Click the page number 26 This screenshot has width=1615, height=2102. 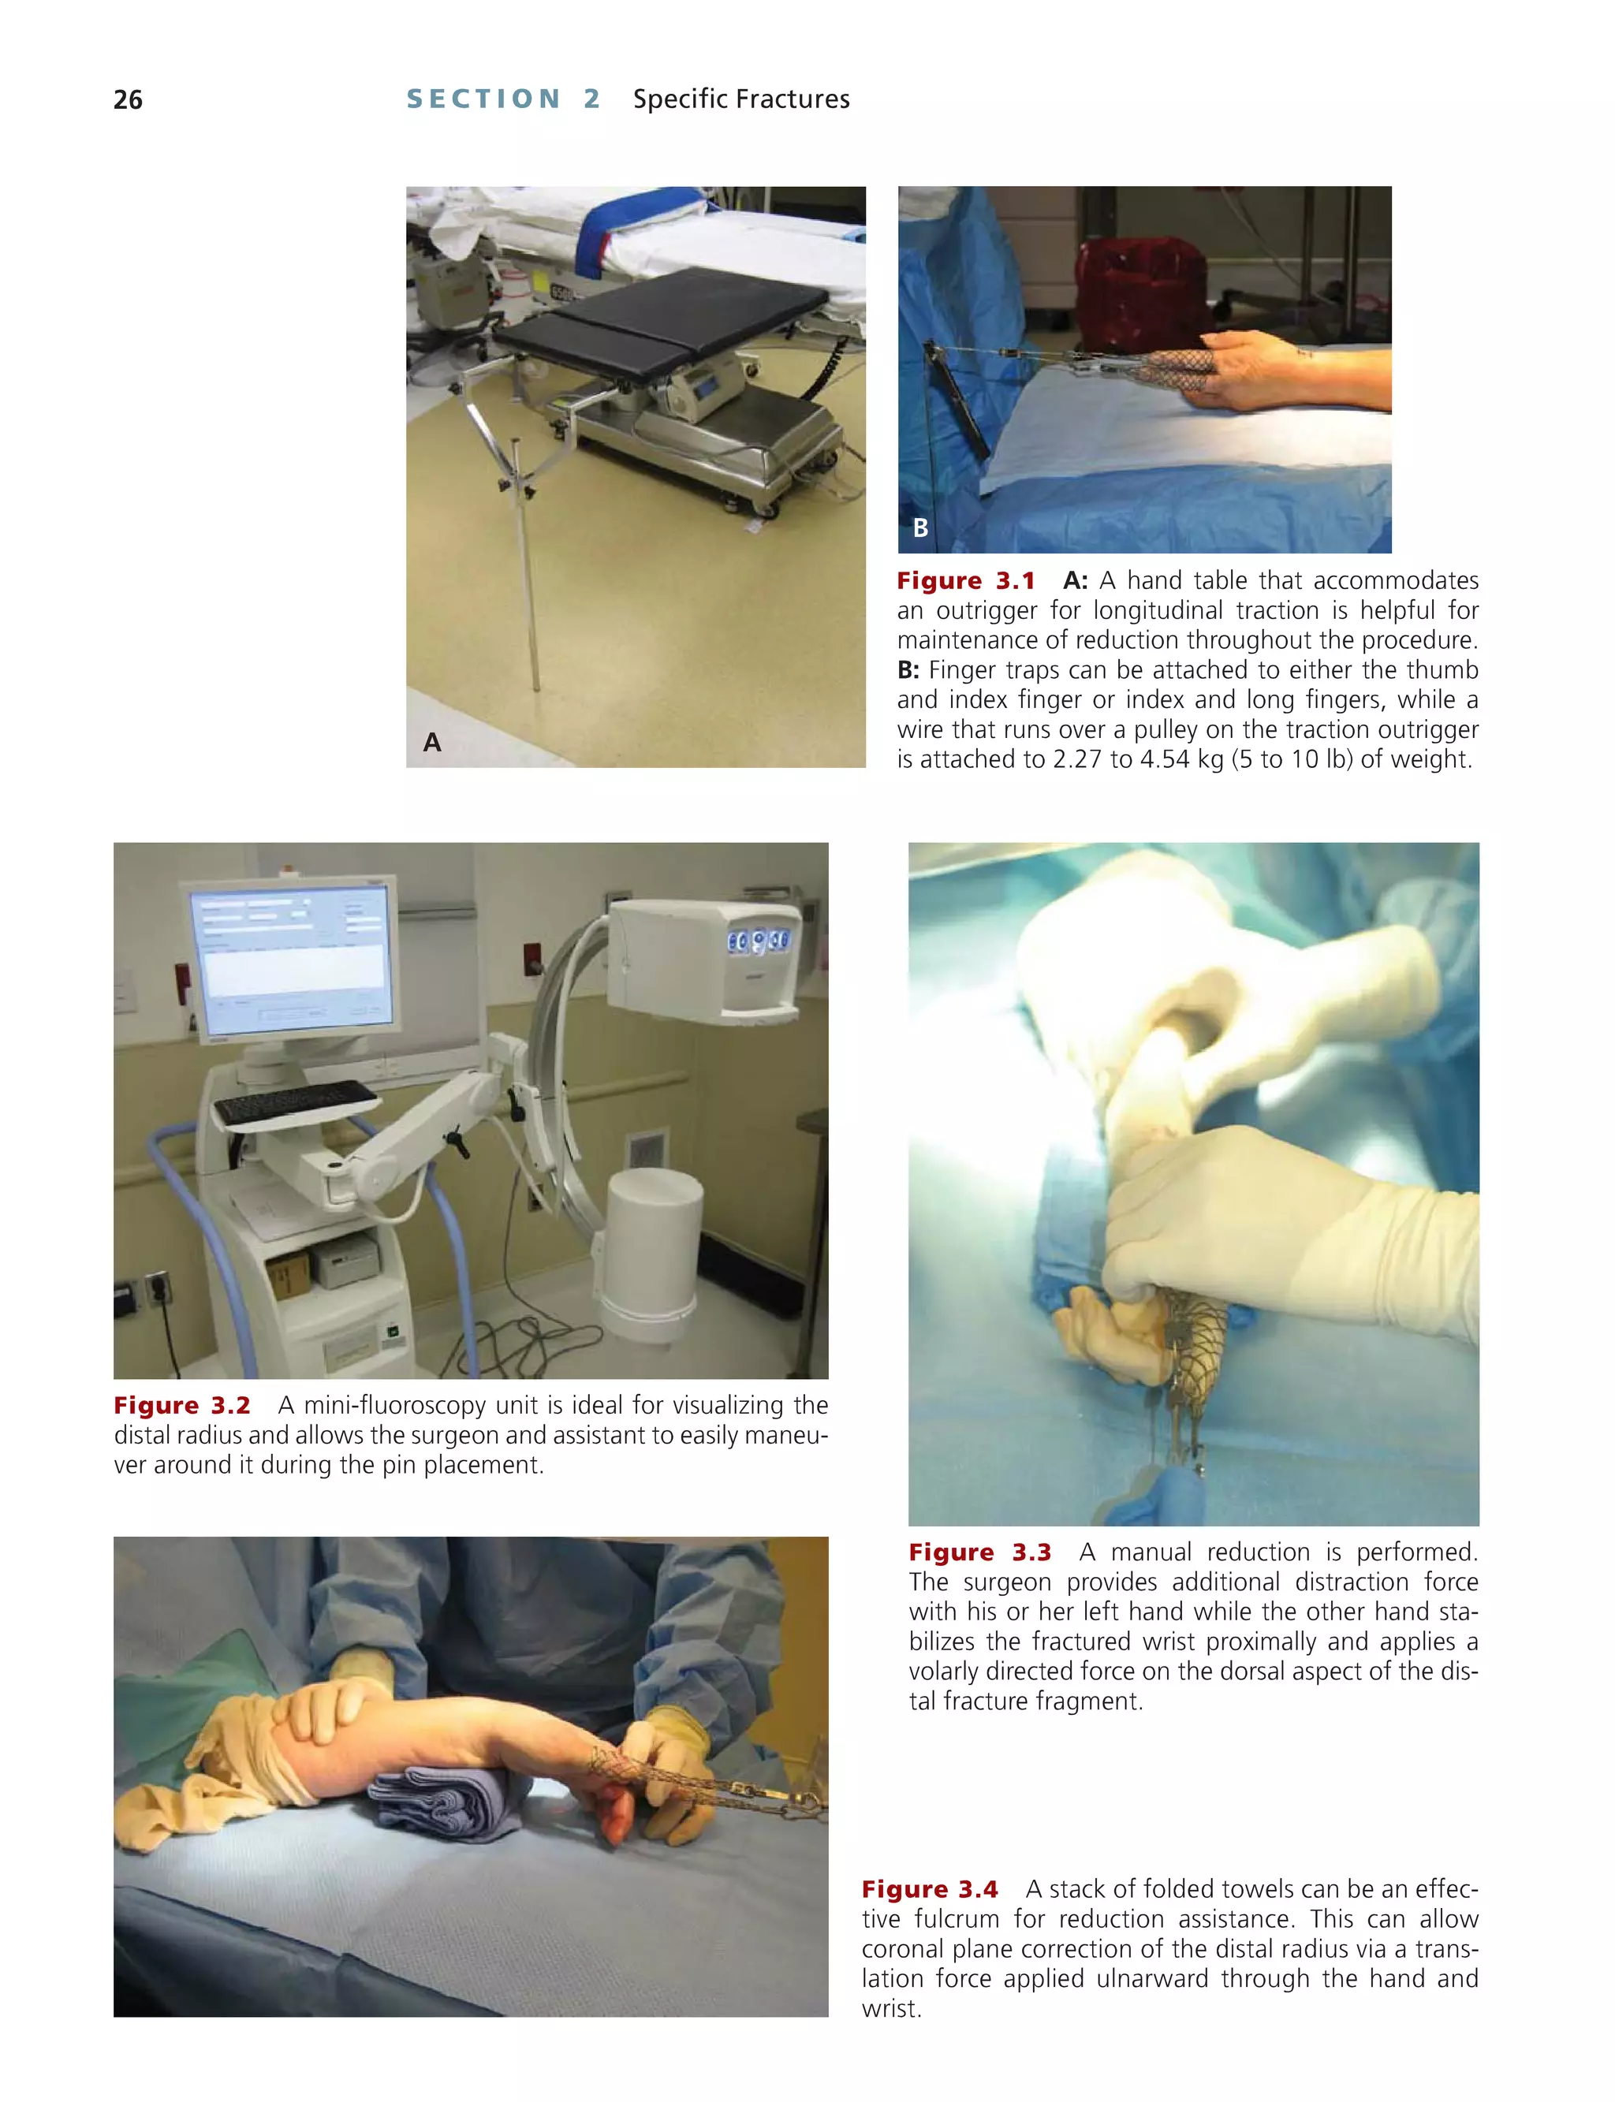128,100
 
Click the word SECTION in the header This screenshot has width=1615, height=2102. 483,99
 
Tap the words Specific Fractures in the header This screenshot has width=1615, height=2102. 741,99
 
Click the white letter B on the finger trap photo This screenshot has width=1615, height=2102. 920,527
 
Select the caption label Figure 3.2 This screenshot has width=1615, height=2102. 181,1405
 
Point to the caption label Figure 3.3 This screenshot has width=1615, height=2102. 979,1552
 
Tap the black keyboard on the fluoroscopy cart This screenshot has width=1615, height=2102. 295,1101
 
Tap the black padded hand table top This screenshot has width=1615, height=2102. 663,317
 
